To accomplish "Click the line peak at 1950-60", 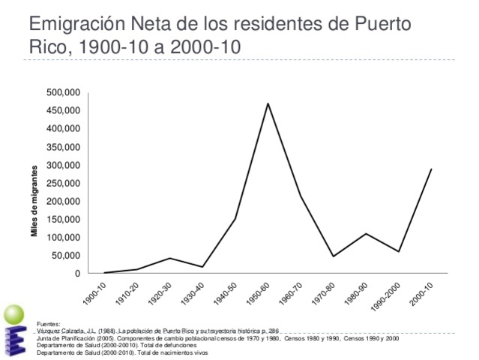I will (268, 103).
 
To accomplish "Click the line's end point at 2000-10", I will (431, 169).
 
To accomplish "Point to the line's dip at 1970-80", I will (334, 256).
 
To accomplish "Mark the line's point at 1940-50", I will (235, 219).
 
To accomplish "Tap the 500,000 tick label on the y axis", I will (63, 92).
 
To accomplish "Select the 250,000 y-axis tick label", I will (63, 183).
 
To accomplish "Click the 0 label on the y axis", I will (77, 274).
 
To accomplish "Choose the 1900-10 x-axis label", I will (95, 292).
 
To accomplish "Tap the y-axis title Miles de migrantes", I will (34, 201).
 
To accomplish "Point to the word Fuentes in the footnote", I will (48, 324).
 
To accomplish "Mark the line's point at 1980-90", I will (366, 234).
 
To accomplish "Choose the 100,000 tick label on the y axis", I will (63, 238).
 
